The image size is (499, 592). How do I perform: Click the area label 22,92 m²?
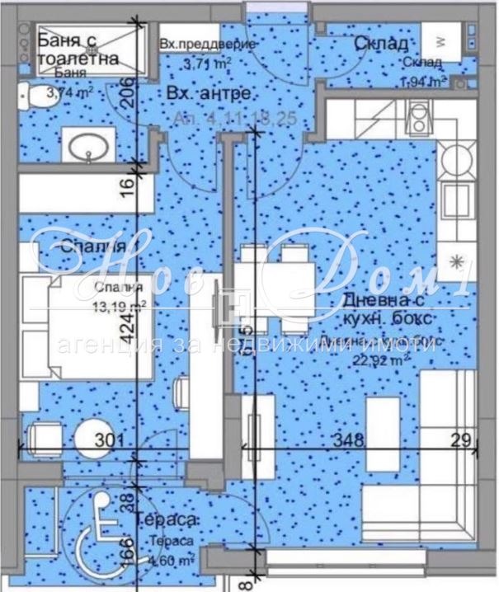pyautogui.click(x=398, y=359)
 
